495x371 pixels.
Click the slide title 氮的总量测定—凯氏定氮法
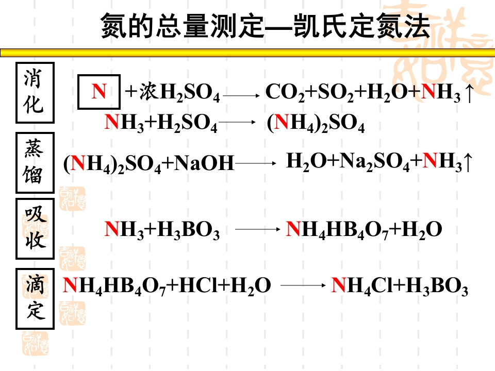pos(265,26)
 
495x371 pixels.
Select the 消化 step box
pos(35,92)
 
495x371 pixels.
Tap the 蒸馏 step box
pos(35,163)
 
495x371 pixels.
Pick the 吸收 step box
pos(35,228)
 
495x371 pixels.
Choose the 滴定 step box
pos(35,298)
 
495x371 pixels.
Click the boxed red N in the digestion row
pos(99,92)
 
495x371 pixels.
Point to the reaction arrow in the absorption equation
pos(257,230)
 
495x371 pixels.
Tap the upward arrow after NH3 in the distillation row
pos(467,162)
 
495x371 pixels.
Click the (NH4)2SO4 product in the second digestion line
pos(316,124)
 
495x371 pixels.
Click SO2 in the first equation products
pos(335,93)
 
